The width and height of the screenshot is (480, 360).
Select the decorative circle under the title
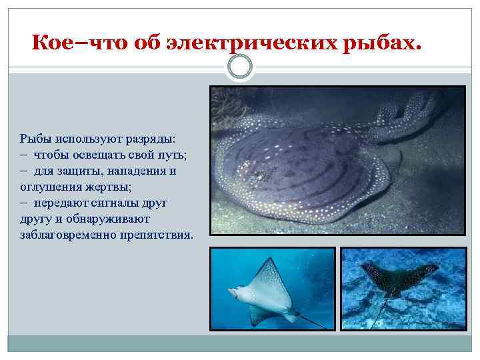(x=240, y=67)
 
